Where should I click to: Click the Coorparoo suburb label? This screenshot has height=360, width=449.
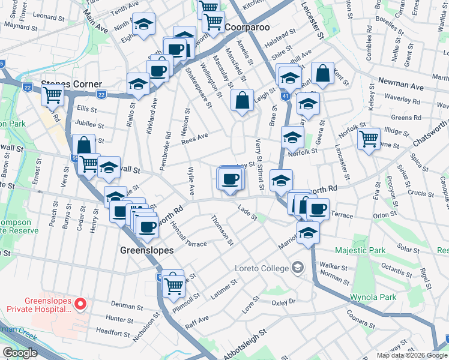coord(249,28)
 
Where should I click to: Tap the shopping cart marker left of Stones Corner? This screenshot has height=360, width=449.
coord(53,94)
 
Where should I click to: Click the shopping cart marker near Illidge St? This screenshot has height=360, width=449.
coord(368,139)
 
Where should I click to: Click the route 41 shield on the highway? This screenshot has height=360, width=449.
coord(285,95)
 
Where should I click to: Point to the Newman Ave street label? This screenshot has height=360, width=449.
coord(400,87)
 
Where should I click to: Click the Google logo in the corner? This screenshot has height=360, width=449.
coord(20,353)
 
